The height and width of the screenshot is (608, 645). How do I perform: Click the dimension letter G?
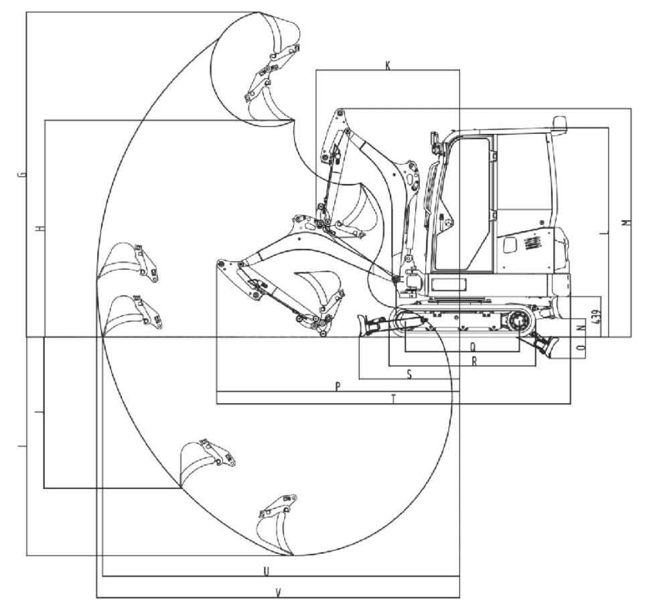pos(23,174)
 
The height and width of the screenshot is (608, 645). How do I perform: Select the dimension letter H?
pos(40,228)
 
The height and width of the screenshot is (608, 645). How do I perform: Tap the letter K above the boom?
pos(388,66)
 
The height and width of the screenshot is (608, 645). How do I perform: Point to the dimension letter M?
pos(626,222)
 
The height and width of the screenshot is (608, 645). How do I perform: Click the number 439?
pos(597,316)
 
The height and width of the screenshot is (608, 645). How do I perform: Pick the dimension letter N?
pos(581,328)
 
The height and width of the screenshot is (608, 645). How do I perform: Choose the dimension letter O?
pos(581,348)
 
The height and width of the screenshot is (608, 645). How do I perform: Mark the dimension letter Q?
pos(474,348)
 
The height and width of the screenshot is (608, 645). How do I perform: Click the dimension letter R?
pos(474,361)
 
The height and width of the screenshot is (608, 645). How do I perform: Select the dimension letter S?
pos(409,374)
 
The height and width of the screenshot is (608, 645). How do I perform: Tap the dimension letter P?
pos(338,386)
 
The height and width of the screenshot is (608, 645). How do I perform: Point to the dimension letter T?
pos(394,398)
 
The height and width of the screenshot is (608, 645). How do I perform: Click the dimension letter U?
pos(266,571)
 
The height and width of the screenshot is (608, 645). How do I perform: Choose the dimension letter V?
pos(279,593)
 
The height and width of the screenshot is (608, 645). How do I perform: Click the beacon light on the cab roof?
pos(559,122)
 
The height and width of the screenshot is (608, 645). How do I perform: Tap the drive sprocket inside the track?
pos(518,321)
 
